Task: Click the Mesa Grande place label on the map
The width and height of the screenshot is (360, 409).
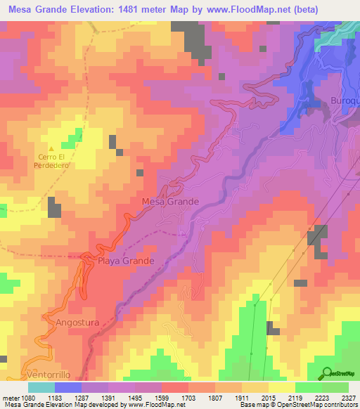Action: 170,202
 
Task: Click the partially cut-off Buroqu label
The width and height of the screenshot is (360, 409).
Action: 345,101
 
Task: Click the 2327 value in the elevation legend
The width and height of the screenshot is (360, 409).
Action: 349,397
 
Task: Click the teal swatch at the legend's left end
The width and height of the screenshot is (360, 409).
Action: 41,387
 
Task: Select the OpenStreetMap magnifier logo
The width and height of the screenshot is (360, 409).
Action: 327,373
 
